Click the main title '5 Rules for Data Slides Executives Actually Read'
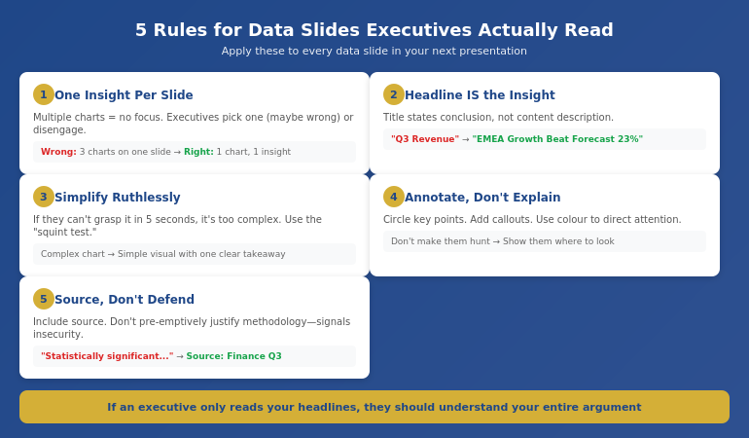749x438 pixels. click(374, 30)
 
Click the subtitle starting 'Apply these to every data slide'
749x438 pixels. click(374, 52)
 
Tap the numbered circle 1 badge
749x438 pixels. click(44, 94)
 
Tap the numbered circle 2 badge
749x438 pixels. click(394, 94)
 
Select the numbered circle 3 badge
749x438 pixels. click(44, 197)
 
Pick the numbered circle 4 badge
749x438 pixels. click(394, 197)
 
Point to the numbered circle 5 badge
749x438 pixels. click(44, 299)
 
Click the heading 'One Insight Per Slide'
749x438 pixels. click(124, 95)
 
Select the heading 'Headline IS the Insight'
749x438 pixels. click(480, 95)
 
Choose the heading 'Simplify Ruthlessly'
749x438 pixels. click(118, 198)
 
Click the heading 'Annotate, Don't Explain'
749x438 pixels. click(482, 198)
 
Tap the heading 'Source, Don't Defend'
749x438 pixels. click(125, 300)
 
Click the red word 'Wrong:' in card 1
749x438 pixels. click(58, 152)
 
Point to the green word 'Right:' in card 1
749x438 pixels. click(198, 152)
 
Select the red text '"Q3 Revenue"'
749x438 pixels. click(425, 139)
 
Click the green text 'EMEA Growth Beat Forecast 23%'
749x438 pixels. click(557, 139)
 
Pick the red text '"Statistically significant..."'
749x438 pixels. click(107, 356)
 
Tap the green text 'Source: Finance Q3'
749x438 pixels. click(234, 356)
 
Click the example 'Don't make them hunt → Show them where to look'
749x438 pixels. click(503, 241)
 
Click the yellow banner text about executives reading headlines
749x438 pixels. click(374, 407)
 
